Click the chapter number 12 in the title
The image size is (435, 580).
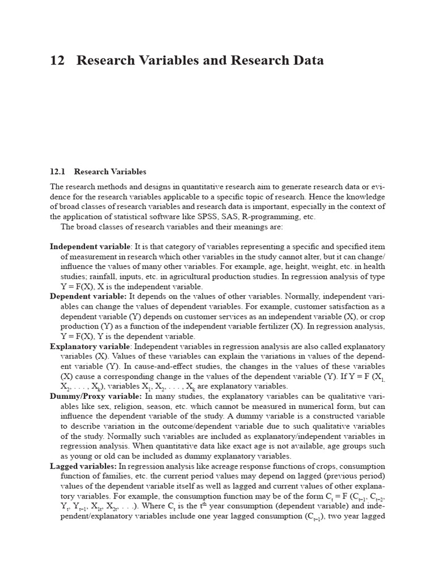(57, 61)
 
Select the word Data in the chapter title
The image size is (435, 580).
(306, 61)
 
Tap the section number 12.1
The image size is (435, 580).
(58, 172)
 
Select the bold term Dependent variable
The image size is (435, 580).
(88, 296)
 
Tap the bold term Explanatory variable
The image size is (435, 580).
(91, 346)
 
